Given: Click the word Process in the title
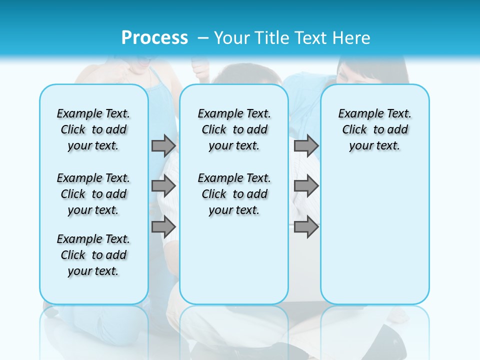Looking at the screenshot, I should click(154, 38).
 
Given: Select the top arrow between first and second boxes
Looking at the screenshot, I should click(163, 145).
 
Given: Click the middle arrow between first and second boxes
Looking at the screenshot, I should click(163, 186).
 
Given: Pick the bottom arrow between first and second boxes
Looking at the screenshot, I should click(163, 227).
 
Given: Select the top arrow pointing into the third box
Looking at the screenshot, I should click(306, 145).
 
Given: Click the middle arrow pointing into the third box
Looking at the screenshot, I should click(306, 186).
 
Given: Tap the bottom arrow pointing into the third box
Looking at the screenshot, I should click(306, 227).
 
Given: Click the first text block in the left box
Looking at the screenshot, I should click(93, 129).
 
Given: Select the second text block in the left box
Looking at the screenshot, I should click(93, 194).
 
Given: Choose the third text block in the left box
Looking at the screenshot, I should click(93, 255).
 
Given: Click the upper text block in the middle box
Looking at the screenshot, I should click(234, 129).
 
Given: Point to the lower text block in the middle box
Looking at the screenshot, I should click(234, 194).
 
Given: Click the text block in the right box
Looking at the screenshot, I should click(374, 129).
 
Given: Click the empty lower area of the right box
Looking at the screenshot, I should click(374, 235).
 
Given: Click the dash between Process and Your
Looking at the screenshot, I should click(203, 38).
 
